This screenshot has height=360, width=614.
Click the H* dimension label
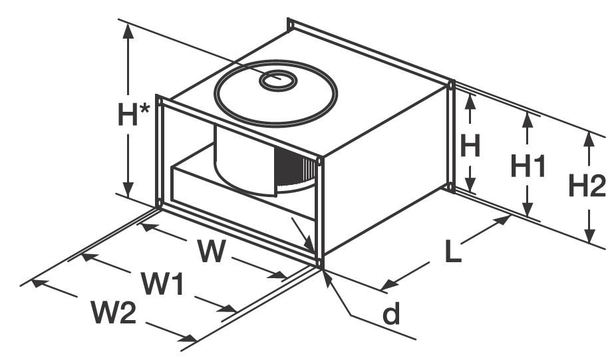[x=135, y=114]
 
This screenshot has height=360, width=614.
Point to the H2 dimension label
[x=587, y=187]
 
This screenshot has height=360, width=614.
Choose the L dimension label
[x=453, y=252]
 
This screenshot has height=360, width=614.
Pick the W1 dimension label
[x=162, y=284]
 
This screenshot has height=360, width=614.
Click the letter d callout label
[x=391, y=314]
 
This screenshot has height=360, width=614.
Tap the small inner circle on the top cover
[x=278, y=81]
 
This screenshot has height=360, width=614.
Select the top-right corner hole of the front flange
[x=320, y=160]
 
